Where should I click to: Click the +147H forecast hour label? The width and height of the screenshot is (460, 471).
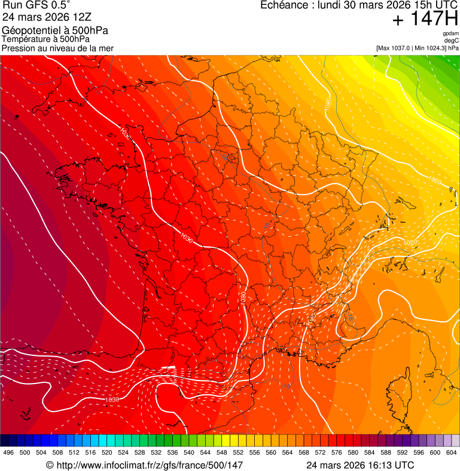(x=424, y=20)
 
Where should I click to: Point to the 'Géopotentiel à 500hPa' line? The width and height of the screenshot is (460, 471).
(x=55, y=31)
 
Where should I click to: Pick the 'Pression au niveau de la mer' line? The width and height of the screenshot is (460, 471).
(x=57, y=48)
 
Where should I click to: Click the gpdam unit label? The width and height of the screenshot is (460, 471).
(x=450, y=34)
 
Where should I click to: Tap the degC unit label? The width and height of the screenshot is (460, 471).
(x=452, y=41)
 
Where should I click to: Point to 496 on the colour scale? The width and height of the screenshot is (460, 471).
(x=8, y=452)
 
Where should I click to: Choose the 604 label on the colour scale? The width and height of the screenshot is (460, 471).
(x=452, y=452)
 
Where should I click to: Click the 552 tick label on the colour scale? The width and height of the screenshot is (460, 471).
(x=238, y=452)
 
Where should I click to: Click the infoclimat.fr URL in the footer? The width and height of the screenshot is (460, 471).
(x=149, y=465)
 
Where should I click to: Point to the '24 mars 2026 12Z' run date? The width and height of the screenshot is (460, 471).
(x=47, y=17)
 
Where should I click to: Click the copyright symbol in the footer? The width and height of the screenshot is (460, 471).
(x=50, y=465)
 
